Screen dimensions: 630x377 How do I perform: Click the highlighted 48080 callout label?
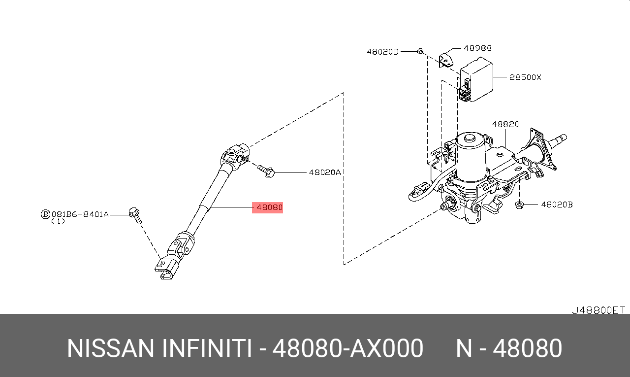tap(269, 207)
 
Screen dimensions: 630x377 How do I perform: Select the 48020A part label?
tap(324, 172)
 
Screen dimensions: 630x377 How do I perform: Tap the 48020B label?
tap(557, 205)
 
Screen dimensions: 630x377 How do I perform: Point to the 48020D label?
tap(382, 52)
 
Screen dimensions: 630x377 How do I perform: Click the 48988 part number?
tap(477, 48)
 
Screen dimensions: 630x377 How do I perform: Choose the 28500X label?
tap(525, 77)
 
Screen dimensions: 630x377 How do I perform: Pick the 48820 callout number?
tap(505, 124)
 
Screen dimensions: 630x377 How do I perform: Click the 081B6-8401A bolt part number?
tap(80, 214)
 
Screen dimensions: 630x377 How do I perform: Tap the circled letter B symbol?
tap(45, 214)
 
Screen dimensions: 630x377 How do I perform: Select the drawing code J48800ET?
tap(598, 310)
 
